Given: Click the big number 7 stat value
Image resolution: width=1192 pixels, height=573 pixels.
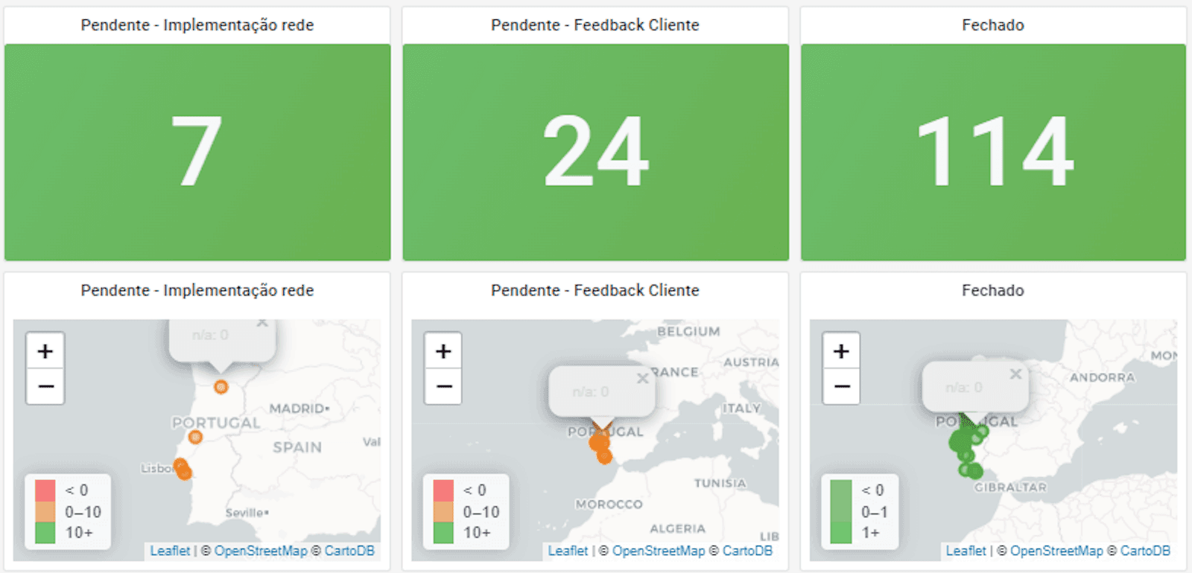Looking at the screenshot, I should [197, 151].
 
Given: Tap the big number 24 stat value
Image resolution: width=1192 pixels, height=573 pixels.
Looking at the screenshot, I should [595, 151].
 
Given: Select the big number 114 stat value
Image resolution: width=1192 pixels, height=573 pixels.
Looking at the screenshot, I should [994, 151].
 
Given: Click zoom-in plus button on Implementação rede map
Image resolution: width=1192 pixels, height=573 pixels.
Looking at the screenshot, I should [45, 351].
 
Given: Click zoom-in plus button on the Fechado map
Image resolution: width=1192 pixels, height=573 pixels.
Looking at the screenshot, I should [841, 351].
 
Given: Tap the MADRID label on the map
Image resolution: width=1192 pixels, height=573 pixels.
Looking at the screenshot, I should [297, 409].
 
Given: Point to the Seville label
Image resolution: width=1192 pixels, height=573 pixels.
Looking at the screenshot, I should [246, 513].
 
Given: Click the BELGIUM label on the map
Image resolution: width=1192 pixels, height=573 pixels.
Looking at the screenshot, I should [688, 331].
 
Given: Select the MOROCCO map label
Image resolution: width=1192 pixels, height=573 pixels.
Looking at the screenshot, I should [609, 504].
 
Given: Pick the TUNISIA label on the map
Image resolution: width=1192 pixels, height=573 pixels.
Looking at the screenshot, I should [720, 483].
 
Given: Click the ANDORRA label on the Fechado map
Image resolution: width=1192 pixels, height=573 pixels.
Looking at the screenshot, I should [1102, 377].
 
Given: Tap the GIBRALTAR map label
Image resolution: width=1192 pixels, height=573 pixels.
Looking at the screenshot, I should [1010, 487].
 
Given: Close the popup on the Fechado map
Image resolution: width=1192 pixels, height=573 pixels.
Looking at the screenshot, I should [1015, 374].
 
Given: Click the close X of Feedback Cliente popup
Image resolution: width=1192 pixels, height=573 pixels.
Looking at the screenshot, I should [642, 379].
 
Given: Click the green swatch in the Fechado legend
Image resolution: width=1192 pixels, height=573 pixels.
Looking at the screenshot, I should [840, 511].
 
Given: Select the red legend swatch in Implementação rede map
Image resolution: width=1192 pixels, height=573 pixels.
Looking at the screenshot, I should [45, 490].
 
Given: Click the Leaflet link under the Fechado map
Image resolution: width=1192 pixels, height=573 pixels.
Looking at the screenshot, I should [966, 551].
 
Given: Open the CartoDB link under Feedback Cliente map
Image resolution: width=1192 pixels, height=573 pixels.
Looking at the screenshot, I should [747, 551].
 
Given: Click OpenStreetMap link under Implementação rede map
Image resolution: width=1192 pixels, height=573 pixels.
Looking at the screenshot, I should [261, 551].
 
